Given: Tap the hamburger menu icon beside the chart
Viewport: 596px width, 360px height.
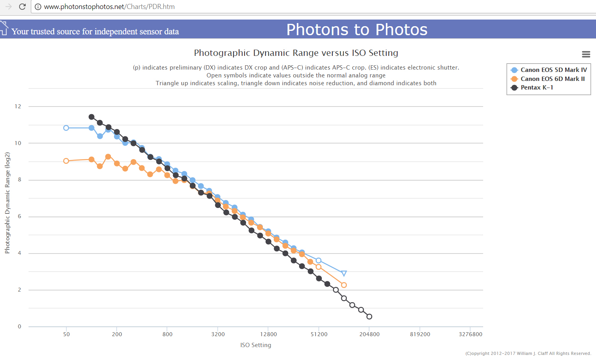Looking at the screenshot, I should (586, 54).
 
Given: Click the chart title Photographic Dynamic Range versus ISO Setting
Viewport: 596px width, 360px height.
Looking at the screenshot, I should (296, 53).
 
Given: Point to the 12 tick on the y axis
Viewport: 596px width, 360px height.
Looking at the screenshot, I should (18, 106).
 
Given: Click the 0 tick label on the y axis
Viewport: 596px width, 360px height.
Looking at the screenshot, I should (20, 326).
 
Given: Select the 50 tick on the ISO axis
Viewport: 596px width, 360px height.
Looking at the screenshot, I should (66, 334).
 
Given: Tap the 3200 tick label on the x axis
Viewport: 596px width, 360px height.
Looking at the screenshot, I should (218, 334).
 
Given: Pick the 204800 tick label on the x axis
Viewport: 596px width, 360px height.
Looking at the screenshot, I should (369, 334).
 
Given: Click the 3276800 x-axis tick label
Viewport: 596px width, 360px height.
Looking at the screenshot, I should (470, 334).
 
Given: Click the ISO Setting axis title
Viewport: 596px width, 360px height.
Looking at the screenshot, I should (256, 345).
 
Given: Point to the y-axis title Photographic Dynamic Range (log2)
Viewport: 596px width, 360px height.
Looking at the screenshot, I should (7, 203).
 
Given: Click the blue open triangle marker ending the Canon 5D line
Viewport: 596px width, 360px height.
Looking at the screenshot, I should (344, 273).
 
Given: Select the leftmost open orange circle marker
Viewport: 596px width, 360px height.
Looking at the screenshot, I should (66, 161).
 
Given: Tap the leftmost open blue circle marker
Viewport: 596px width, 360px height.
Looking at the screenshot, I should (66, 128).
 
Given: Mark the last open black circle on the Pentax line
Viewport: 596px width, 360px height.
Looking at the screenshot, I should (369, 317).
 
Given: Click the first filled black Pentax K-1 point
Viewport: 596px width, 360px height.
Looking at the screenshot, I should (91, 117).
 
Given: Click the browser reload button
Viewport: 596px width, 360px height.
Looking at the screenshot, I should (22, 7).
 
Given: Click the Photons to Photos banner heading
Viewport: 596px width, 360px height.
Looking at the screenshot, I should (357, 30).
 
